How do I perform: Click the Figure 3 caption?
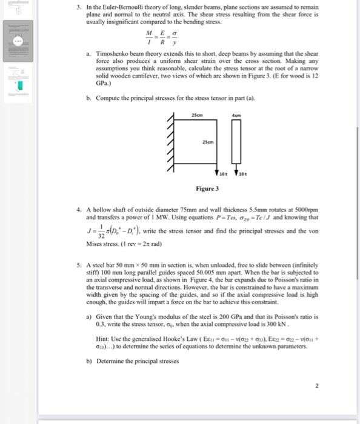point(207,189)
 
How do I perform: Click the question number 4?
point(79,210)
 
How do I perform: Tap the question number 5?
point(79,264)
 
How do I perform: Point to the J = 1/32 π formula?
point(118,233)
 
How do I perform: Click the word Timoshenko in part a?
point(111,53)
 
